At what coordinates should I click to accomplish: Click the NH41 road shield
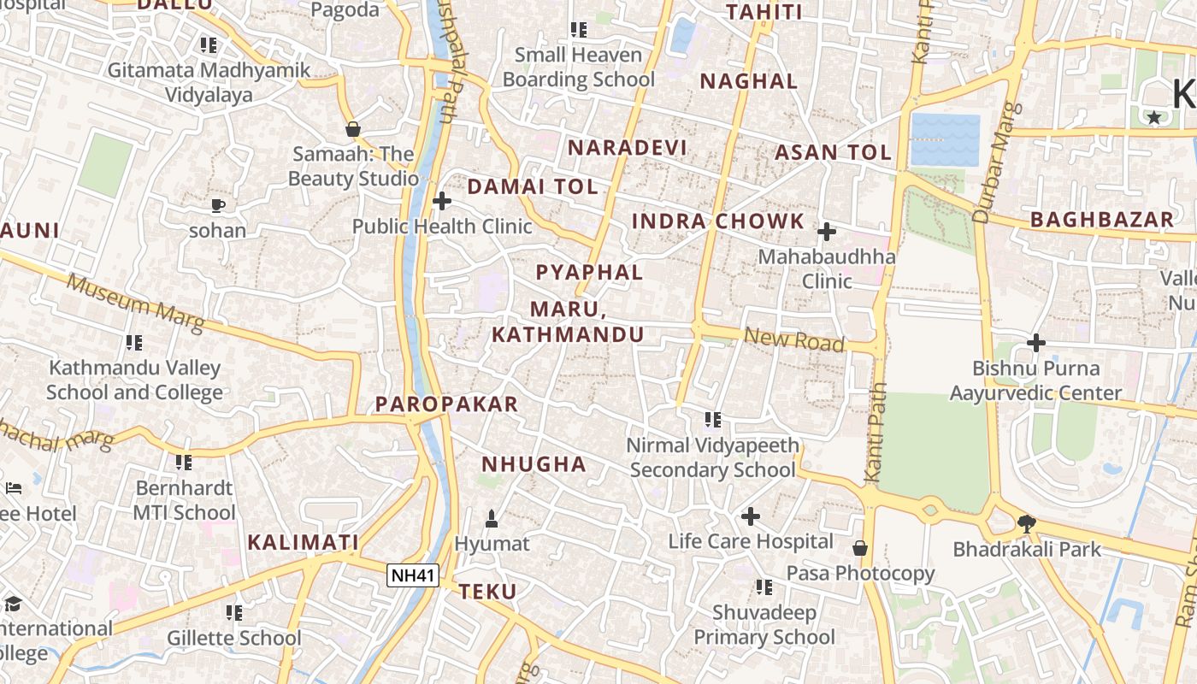tap(413, 575)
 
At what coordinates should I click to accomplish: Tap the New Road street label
tap(794, 339)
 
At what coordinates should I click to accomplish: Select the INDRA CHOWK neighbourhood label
tap(718, 221)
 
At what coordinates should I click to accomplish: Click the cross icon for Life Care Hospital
tap(751, 516)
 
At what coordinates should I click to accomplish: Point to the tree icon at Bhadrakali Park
tap(1027, 523)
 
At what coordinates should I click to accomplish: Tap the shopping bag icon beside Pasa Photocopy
tap(860, 547)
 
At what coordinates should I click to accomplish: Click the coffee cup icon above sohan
tap(218, 205)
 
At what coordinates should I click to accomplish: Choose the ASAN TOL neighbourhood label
tap(833, 153)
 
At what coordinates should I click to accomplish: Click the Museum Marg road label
tap(135, 303)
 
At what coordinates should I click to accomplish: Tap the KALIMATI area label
tap(303, 542)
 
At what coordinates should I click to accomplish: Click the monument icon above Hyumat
tap(492, 518)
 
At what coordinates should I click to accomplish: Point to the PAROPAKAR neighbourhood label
tap(447, 404)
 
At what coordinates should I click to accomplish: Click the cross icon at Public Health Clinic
tap(442, 201)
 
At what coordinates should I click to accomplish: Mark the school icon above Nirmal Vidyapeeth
tap(713, 419)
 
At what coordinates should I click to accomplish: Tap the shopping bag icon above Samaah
tap(352, 129)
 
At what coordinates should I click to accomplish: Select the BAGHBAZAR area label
tap(1102, 220)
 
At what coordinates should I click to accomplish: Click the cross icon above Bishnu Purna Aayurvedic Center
tap(1036, 343)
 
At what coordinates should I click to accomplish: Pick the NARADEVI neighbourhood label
tap(628, 147)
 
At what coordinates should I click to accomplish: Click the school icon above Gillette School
tap(234, 612)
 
